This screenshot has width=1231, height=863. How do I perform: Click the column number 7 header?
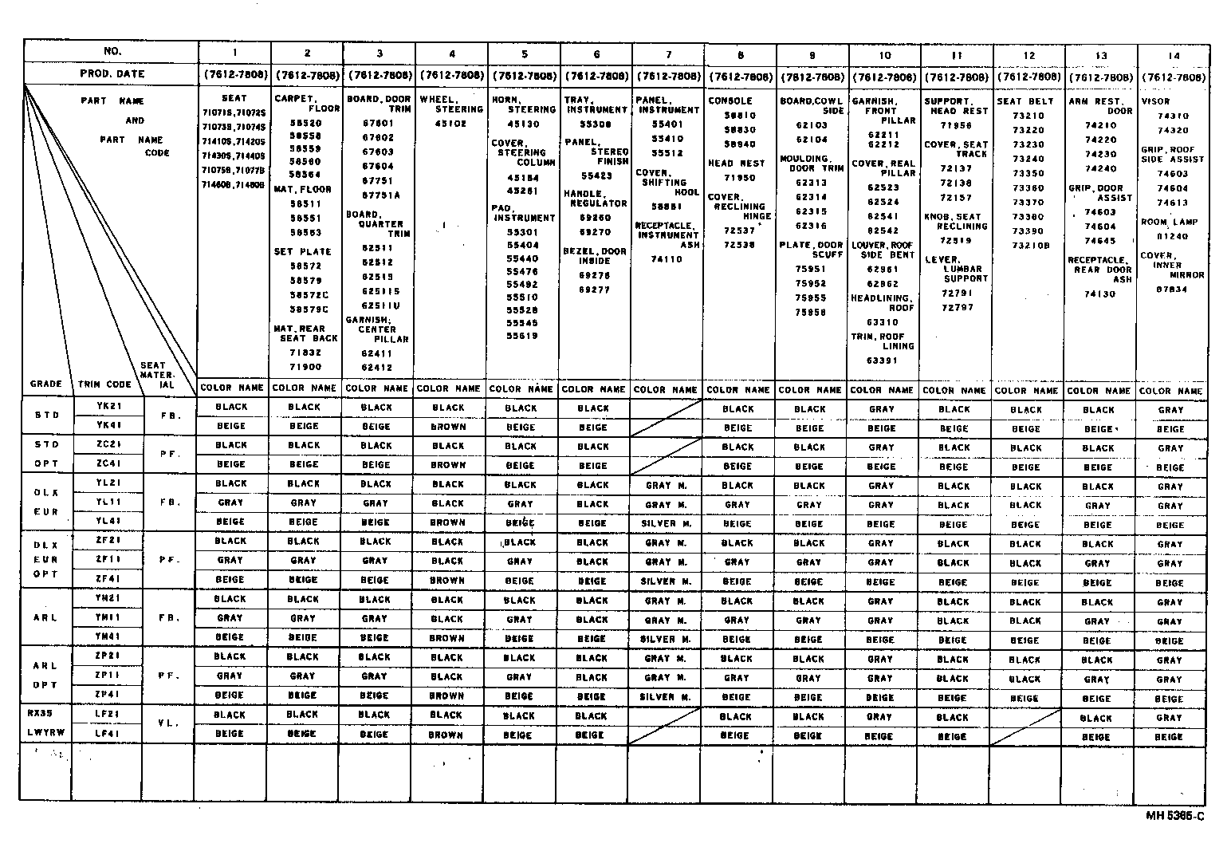point(668,54)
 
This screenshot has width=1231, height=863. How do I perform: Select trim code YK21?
point(108,405)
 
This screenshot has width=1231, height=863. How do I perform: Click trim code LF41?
point(108,733)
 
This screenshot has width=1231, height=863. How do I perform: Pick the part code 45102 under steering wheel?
point(451,124)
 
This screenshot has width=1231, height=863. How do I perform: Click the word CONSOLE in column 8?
point(730,101)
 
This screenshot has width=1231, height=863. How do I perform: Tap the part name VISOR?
point(1155,102)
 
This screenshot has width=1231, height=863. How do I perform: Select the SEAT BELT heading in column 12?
point(1025,101)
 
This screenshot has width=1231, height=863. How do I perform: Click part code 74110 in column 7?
point(667,259)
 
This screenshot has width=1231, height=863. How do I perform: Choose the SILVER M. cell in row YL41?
point(664,523)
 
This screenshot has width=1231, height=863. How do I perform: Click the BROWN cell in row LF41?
point(446,735)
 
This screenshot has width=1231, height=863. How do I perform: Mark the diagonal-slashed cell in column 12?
point(1024,727)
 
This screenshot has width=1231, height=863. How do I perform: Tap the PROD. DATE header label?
point(112,74)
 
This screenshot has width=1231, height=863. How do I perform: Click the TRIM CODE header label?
point(104,384)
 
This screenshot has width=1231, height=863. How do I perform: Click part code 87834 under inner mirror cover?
point(1171,290)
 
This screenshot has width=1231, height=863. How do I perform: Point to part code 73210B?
point(1032,246)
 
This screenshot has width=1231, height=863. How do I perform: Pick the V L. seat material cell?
point(168,723)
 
